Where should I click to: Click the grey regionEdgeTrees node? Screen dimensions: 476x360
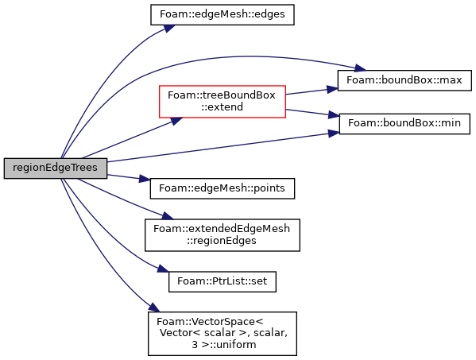56,168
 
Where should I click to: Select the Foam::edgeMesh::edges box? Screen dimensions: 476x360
223,14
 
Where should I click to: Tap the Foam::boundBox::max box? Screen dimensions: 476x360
404,80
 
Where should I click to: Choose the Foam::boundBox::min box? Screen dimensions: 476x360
404,123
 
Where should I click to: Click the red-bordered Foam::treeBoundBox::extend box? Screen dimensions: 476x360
223,102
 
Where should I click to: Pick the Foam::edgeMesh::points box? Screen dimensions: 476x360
223,188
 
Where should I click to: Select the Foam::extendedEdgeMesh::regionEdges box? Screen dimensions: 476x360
223,235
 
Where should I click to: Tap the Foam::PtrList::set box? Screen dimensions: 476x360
223,281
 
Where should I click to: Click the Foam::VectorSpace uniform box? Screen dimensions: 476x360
223,333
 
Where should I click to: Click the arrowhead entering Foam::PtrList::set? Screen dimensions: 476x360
163,269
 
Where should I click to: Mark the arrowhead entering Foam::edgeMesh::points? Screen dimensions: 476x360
145,179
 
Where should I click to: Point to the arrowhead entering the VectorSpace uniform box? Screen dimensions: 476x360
154,308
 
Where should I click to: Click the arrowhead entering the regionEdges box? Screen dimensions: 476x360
167,216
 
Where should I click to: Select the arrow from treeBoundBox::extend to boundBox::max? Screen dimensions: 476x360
312,91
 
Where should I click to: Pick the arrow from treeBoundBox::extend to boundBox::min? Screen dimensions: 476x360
312,113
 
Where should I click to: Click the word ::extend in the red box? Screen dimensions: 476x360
222,107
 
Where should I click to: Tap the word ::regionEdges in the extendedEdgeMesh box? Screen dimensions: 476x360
222,241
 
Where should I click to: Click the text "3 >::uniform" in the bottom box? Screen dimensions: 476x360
224,345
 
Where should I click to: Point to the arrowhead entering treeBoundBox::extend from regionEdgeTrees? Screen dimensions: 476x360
176,121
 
